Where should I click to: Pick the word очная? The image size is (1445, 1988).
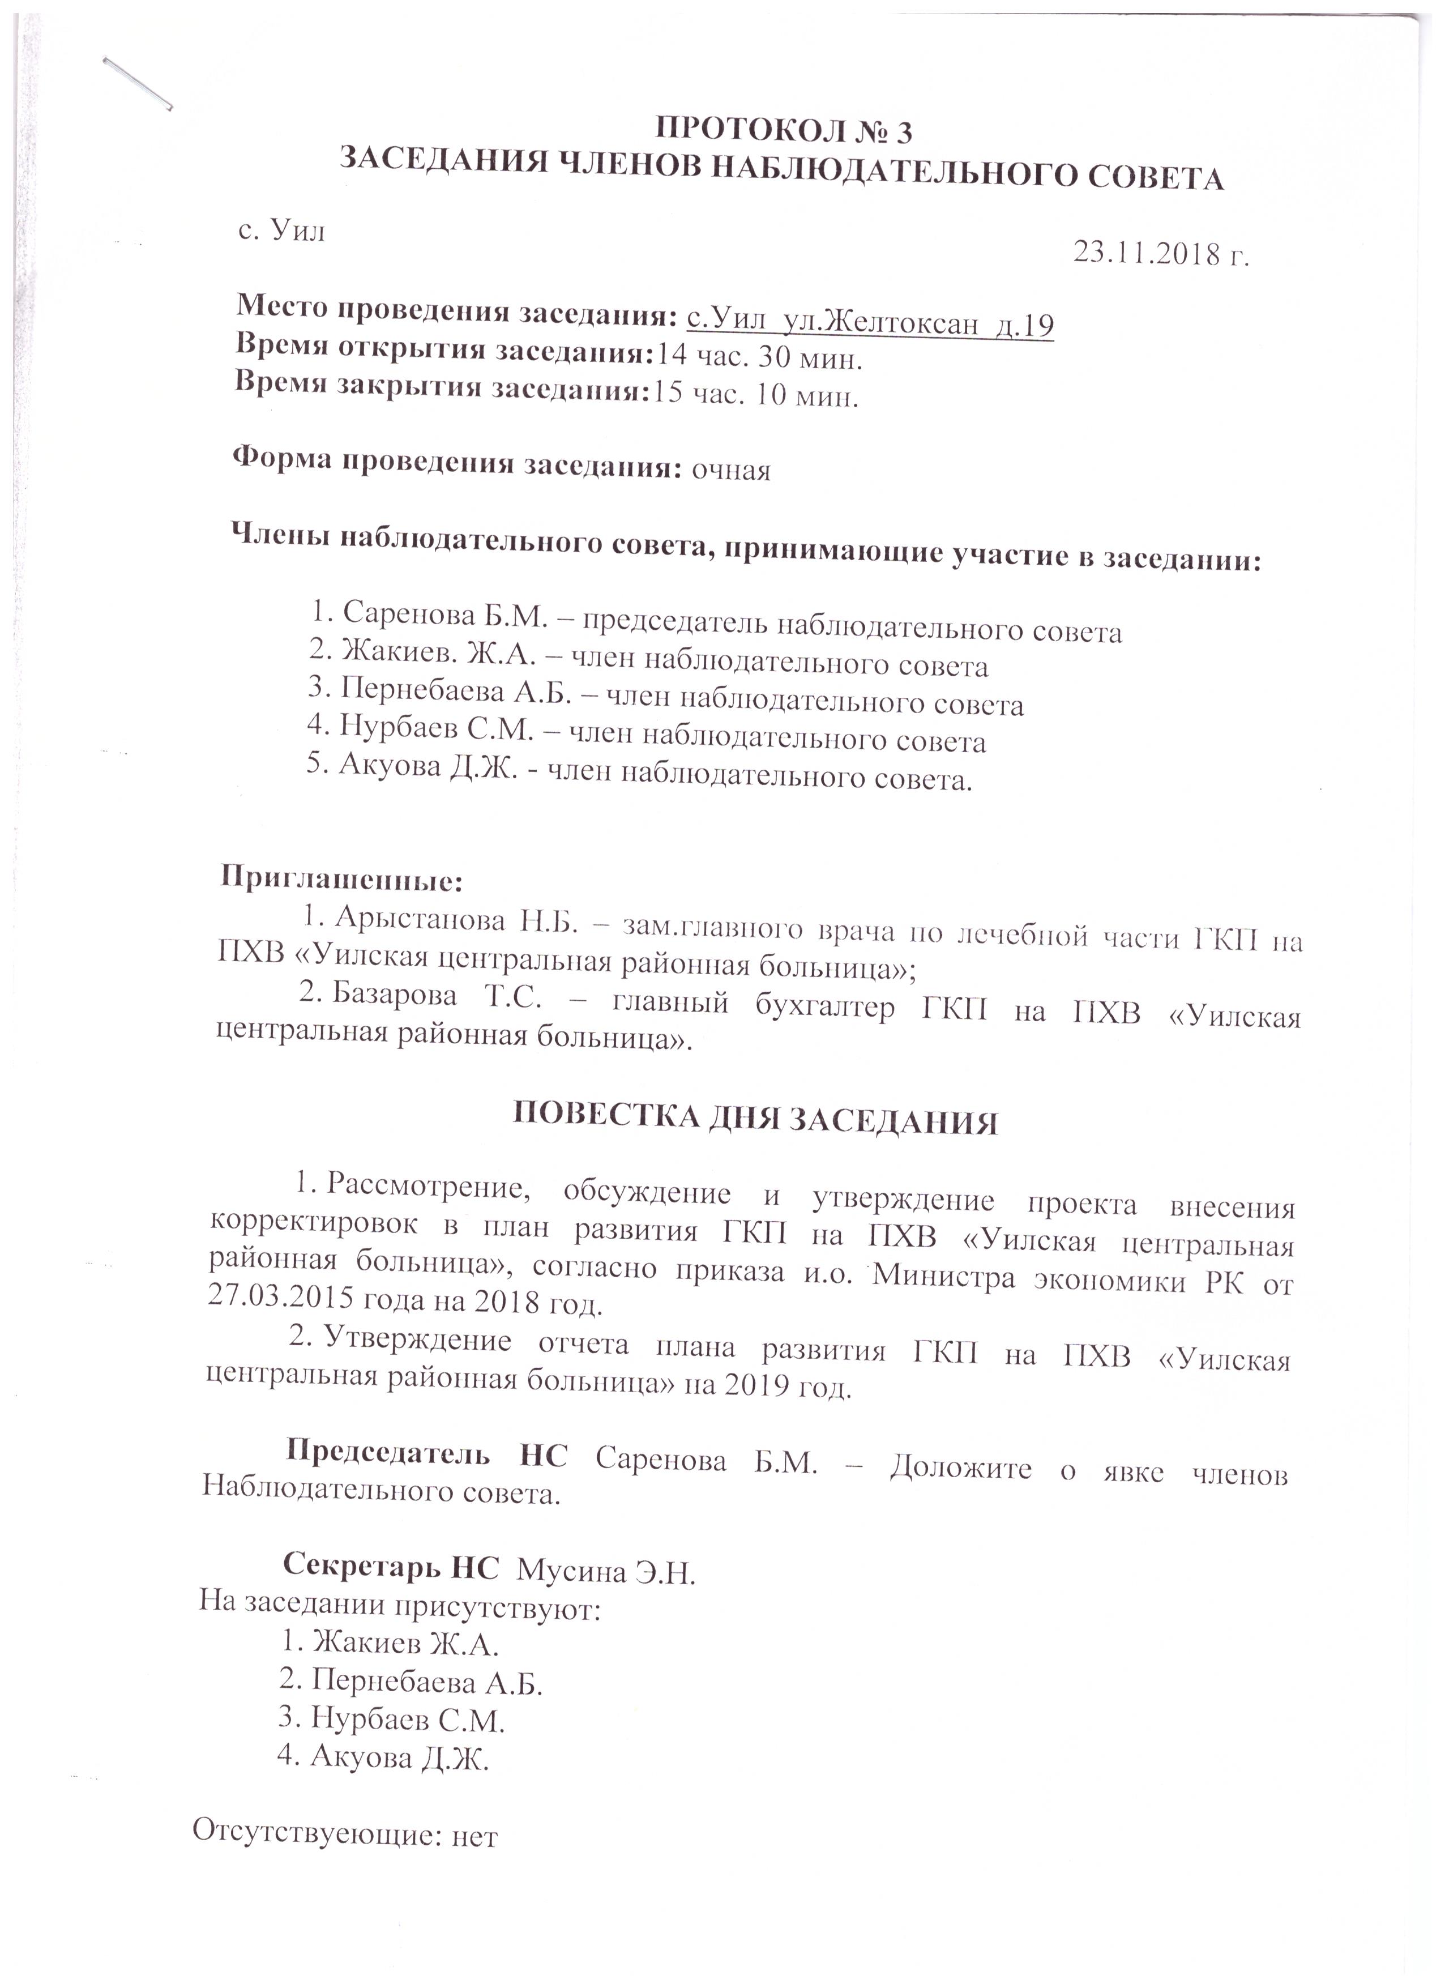pos(732,471)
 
